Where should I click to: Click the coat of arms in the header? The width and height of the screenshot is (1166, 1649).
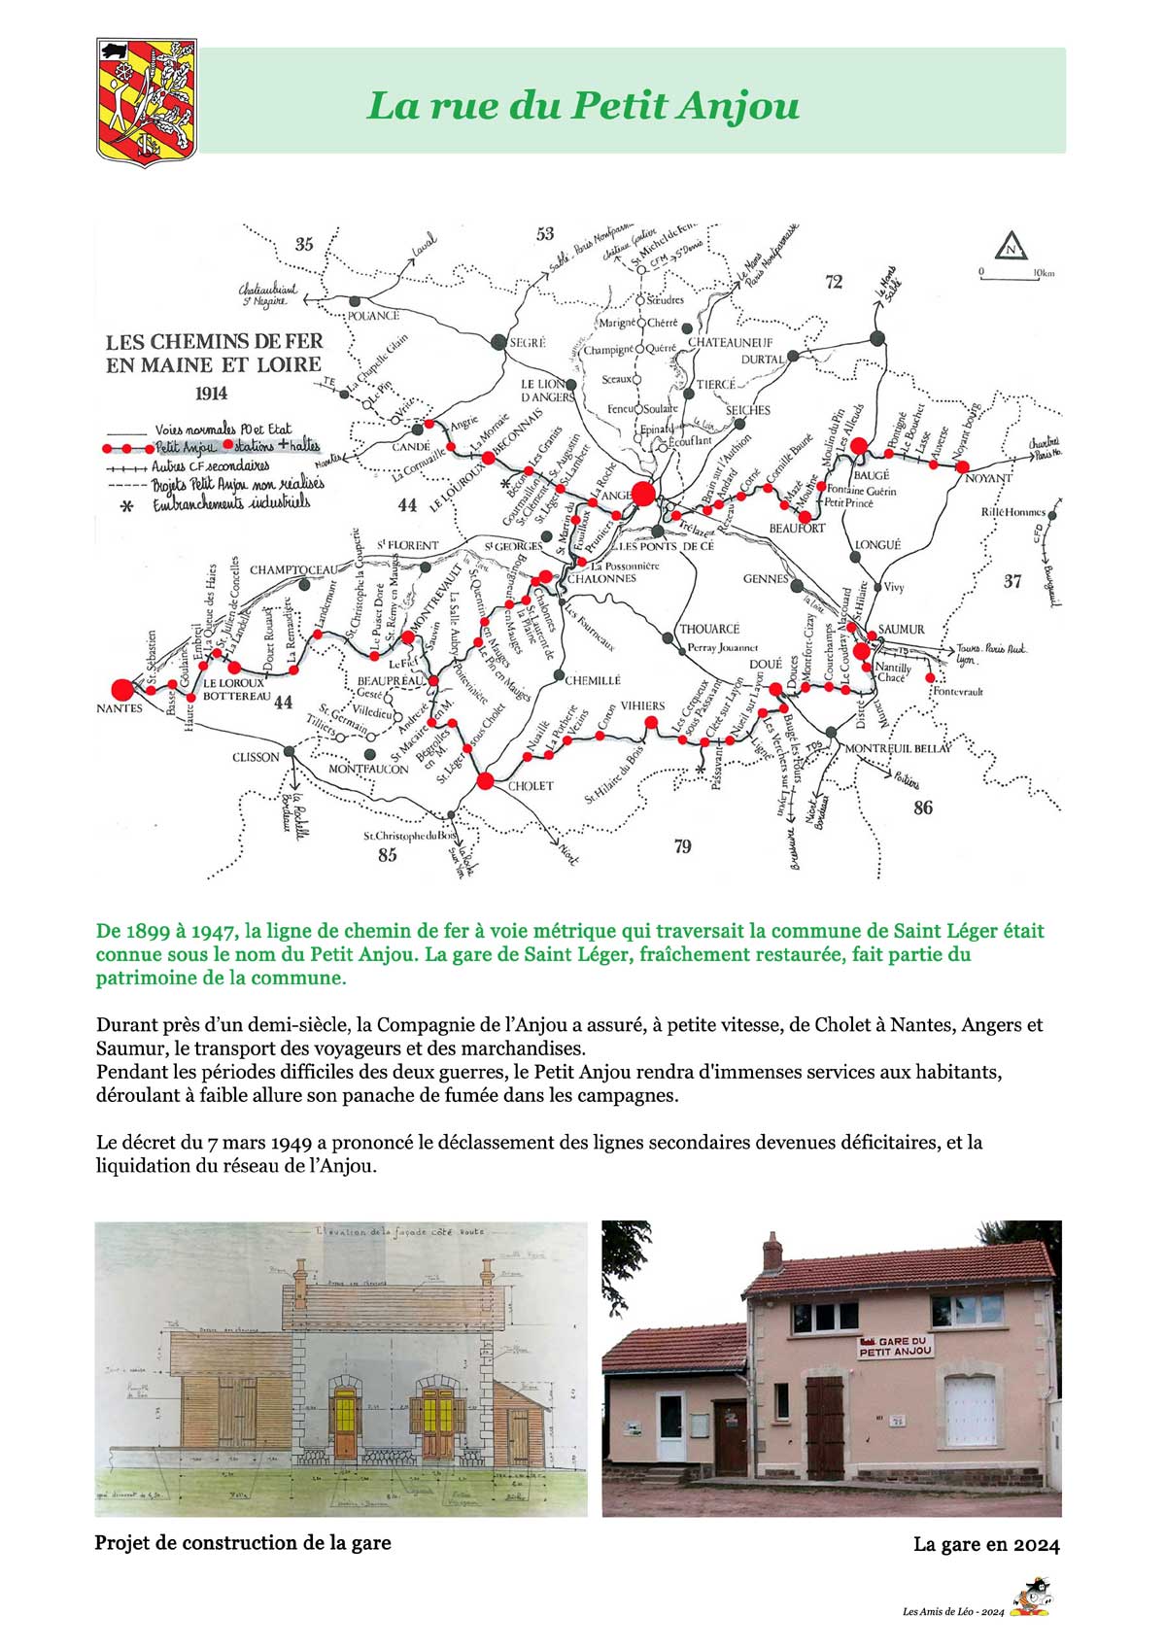click(147, 102)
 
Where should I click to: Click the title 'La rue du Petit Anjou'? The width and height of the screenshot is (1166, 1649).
click(583, 105)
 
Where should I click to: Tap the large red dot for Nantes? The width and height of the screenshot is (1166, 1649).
click(122, 689)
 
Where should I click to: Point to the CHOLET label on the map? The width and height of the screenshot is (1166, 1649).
click(531, 785)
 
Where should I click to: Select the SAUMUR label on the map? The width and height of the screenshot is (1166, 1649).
click(902, 629)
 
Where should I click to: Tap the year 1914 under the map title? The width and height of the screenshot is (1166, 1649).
click(211, 393)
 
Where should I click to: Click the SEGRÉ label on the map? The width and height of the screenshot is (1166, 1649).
click(529, 342)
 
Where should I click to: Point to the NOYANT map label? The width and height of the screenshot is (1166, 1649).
click(988, 478)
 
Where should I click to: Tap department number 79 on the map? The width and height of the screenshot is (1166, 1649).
click(682, 846)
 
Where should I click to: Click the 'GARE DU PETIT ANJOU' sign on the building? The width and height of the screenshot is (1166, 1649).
click(895, 1346)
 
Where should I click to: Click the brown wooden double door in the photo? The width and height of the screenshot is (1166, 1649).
click(825, 1426)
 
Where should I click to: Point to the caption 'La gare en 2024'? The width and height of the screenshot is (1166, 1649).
click(986, 1544)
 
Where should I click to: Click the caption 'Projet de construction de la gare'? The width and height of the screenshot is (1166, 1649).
click(243, 1542)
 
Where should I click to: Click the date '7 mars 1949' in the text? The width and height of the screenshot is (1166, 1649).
click(244, 1142)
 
